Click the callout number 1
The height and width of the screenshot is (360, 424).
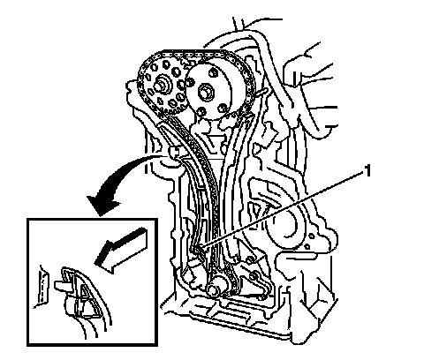[x=367, y=171]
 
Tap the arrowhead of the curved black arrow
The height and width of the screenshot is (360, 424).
[x=103, y=206]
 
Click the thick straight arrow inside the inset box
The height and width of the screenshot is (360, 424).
[x=121, y=250]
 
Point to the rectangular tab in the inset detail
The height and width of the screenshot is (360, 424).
[x=63, y=285]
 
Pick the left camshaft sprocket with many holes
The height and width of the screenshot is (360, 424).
[x=162, y=85]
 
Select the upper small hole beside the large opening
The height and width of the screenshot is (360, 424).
[x=311, y=236]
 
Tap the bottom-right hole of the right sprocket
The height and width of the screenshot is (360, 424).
[x=223, y=109]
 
